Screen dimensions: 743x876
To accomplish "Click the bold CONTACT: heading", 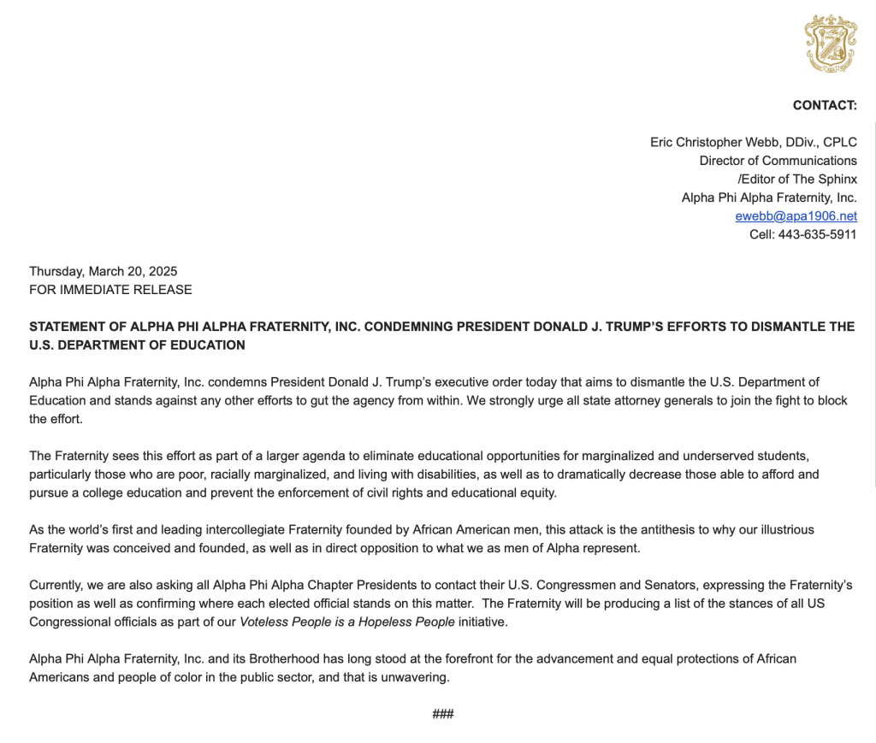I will (825, 105).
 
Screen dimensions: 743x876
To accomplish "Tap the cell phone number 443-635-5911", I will (817, 234).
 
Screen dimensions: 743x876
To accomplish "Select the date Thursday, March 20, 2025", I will (104, 271).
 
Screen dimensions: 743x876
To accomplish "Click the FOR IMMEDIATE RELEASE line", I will (110, 289).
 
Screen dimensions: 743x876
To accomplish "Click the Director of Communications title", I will (778, 161).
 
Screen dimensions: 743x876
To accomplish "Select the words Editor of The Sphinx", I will (799, 179).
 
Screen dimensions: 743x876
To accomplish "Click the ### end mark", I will (443, 714).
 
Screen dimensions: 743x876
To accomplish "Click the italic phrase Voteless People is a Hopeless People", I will (347, 622).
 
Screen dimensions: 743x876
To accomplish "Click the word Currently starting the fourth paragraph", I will (56, 585).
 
